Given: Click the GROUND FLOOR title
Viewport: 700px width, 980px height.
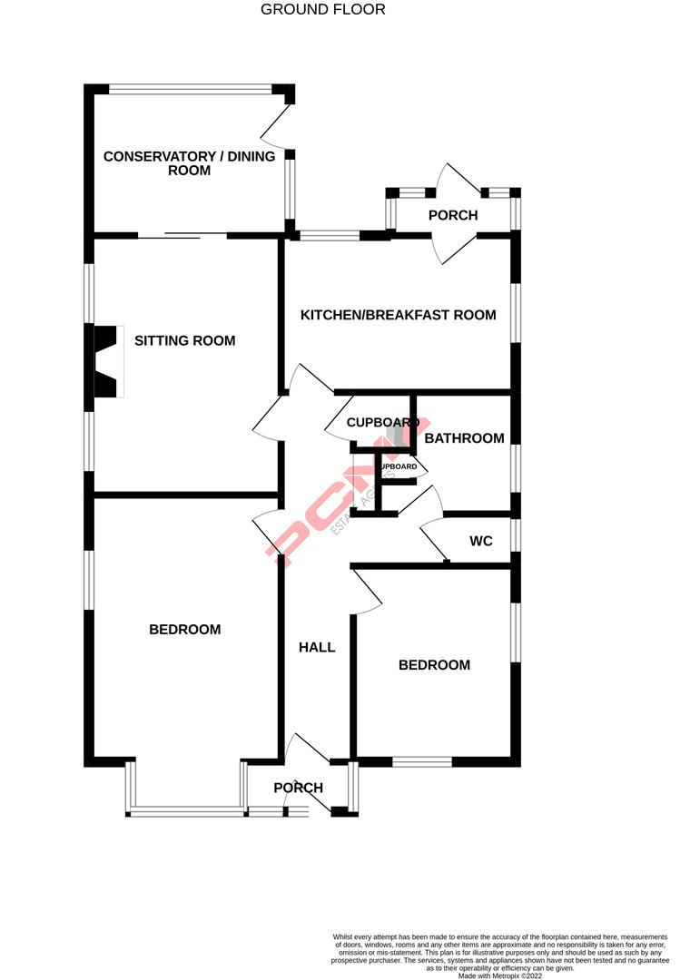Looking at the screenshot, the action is [x=322, y=10].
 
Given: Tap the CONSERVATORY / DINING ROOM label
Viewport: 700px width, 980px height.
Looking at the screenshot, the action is [x=189, y=163].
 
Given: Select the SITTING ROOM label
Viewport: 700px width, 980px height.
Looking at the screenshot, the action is [x=184, y=341].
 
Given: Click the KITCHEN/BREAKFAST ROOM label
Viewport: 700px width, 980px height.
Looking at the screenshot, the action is [x=398, y=315].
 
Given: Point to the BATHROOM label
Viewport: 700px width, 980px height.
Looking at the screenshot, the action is [x=464, y=438].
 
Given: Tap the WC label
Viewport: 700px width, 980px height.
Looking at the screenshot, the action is [x=481, y=542].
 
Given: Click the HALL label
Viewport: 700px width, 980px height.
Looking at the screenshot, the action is [x=317, y=647].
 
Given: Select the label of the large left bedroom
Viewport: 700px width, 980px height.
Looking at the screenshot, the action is [x=184, y=629].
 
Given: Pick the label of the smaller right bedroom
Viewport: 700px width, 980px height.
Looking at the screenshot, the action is [x=434, y=665].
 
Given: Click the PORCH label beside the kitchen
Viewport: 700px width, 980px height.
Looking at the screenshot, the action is [x=452, y=215].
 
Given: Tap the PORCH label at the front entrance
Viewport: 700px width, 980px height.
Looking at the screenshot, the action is [x=299, y=788].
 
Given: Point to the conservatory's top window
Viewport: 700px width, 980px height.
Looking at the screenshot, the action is [x=190, y=89].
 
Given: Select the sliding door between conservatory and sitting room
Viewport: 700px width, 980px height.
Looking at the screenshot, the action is [x=182, y=236].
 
